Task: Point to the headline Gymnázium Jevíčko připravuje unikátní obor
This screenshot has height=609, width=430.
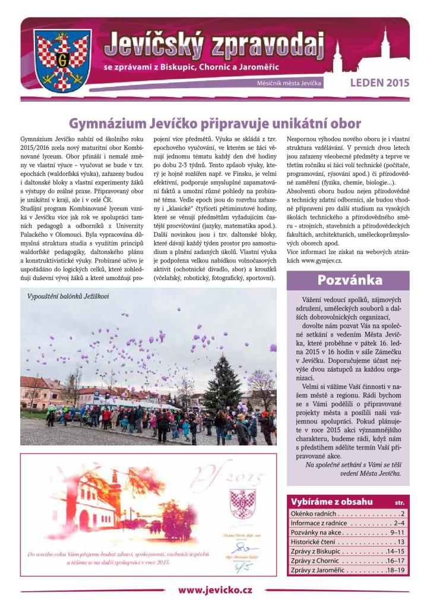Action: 215,124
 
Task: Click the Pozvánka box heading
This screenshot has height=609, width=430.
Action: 349,280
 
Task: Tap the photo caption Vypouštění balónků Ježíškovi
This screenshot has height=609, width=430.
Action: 68,296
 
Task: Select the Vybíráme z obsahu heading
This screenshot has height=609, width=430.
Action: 331,501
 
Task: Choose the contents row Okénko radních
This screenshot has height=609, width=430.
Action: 347,513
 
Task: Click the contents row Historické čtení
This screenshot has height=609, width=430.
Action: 347,542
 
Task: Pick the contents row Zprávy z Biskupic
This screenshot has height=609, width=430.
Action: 347,551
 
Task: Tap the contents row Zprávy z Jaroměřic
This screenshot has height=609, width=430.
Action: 347,570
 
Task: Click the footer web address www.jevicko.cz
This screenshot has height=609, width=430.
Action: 215,590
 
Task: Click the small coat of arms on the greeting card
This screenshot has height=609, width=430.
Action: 242,504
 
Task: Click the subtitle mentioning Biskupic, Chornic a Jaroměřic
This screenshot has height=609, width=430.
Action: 191,68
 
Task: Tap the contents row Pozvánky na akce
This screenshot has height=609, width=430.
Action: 347,532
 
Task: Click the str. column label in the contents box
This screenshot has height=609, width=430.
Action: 399,502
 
